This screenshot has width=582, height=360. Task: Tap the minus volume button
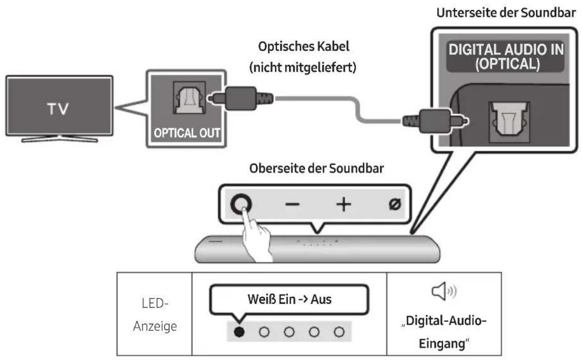pyautogui.click(x=292, y=204)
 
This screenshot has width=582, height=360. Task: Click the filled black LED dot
pyautogui.click(x=239, y=330)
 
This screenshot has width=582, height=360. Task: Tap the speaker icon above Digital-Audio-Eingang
pyautogui.click(x=444, y=290)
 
